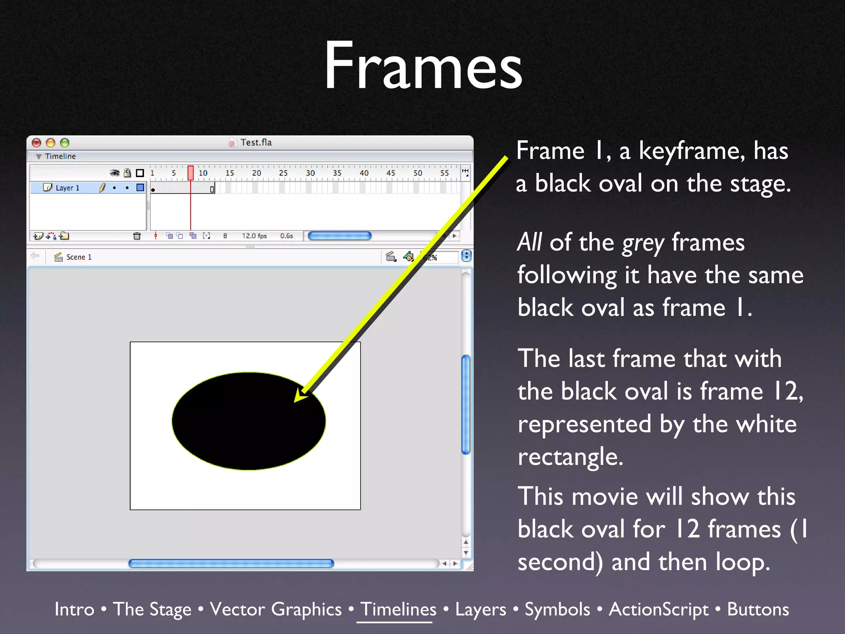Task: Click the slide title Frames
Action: tap(423, 66)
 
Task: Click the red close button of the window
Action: tap(37, 143)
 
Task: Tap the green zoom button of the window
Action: tap(65, 143)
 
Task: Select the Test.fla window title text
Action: tap(256, 142)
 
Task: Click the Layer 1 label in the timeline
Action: tap(67, 188)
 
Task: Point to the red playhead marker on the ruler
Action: tap(191, 173)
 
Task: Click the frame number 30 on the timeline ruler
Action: tap(310, 173)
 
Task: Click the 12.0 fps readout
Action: tap(254, 236)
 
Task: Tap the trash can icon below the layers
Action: tap(137, 236)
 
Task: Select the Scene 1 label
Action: tap(78, 257)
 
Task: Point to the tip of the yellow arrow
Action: tap(295, 401)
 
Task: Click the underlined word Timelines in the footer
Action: tap(398, 609)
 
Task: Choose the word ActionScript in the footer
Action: tap(659, 609)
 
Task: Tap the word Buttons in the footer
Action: tap(758, 609)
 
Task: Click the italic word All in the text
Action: tap(529, 242)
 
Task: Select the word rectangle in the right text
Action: tap(570, 457)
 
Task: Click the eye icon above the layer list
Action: tap(115, 173)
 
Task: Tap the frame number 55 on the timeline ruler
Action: tap(444, 173)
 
